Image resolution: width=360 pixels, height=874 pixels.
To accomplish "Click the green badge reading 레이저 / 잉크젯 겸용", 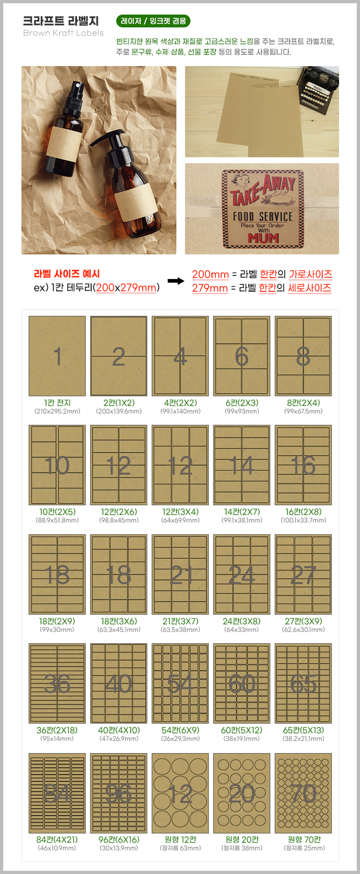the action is click(x=153, y=21).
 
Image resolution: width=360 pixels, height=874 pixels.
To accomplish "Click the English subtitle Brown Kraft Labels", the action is click(x=63, y=33).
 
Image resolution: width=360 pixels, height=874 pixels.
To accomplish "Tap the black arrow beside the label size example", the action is click(x=176, y=281).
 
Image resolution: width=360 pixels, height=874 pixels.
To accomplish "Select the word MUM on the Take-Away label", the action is click(x=263, y=238).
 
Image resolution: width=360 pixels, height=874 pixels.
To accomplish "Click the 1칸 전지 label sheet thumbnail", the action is click(x=57, y=356).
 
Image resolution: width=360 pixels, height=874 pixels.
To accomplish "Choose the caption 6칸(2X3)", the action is click(x=242, y=403).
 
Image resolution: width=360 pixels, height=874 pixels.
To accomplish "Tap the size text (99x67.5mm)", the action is click(x=303, y=411).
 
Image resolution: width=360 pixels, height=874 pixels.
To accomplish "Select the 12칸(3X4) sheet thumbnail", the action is click(x=180, y=465).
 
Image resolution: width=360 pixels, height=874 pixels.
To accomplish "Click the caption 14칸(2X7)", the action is click(x=242, y=512).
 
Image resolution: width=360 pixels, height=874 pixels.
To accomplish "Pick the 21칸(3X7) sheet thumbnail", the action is click(x=180, y=574).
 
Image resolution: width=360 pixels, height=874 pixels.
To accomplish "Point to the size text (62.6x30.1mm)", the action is click(x=303, y=629).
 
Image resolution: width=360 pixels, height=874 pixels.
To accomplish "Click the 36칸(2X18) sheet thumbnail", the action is click(x=57, y=683).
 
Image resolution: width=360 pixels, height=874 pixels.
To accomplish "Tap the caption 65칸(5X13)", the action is click(x=303, y=730).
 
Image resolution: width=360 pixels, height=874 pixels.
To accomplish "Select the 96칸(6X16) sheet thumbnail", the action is click(x=118, y=793).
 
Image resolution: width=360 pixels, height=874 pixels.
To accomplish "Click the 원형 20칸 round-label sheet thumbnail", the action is click(x=242, y=793).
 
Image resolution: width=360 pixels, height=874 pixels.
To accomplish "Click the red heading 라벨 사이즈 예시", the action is click(x=67, y=274).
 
